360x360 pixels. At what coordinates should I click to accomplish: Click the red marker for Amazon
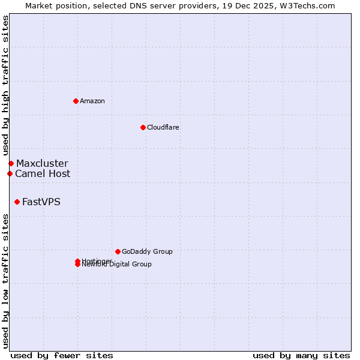point(76,101)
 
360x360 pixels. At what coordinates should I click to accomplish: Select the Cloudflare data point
point(143,127)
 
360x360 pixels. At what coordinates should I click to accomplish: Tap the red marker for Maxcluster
point(11,163)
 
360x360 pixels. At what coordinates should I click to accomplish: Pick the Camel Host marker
point(10,173)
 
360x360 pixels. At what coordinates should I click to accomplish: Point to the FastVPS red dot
point(17,202)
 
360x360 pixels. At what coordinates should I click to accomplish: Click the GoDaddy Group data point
point(118,251)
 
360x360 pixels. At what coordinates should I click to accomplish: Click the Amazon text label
point(92,101)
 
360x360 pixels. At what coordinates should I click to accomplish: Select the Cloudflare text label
point(163,127)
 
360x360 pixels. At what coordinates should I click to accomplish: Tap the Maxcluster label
point(42,163)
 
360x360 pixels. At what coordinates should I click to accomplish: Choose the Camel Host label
point(43,173)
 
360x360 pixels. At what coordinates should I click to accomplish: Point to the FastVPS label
point(41,202)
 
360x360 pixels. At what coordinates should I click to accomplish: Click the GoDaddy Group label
point(147,251)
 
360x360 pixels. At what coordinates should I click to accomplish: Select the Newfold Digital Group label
point(118,265)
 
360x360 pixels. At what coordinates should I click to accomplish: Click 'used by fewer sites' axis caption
point(62,355)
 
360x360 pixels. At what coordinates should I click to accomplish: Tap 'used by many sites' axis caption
point(301,355)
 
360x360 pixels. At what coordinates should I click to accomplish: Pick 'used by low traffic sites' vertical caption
point(5,281)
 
